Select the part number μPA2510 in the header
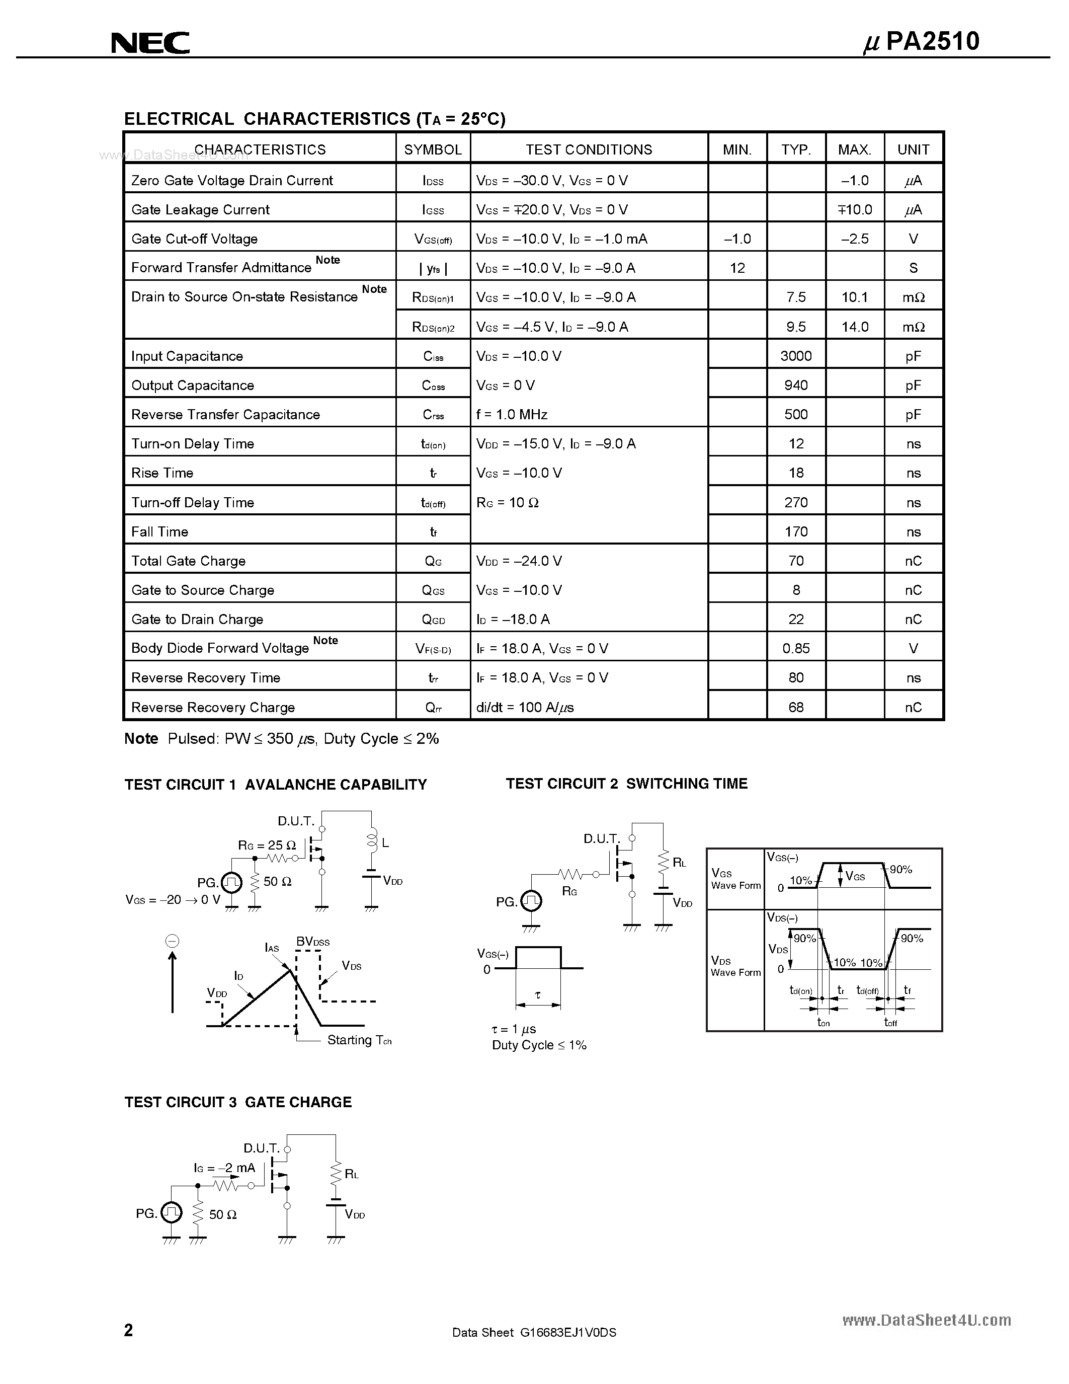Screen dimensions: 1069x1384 (922, 41)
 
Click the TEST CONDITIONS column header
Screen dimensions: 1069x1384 (589, 149)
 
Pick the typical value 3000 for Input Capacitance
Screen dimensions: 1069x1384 (795, 356)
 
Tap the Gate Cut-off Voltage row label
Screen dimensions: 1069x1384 (194, 239)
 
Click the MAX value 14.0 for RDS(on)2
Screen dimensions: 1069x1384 (854, 327)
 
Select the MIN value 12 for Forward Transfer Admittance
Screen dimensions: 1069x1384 (737, 268)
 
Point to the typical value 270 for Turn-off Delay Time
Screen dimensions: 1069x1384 (795, 503)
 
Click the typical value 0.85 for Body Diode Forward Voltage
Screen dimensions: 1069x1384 (795, 648)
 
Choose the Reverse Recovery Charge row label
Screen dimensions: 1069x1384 (213, 707)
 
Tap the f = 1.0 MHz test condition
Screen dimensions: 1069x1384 (512, 414)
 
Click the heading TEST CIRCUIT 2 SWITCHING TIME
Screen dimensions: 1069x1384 (626, 784)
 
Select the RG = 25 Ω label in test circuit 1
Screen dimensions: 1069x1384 (267, 845)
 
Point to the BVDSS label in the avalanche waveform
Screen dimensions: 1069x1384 (313, 942)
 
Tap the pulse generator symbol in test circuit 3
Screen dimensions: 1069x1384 (171, 1213)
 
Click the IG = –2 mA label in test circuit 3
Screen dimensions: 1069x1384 (224, 1167)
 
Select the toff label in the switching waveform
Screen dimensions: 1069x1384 (890, 1022)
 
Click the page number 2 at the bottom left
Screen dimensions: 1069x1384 (129, 1330)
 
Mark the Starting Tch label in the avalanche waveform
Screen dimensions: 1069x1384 (359, 1040)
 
